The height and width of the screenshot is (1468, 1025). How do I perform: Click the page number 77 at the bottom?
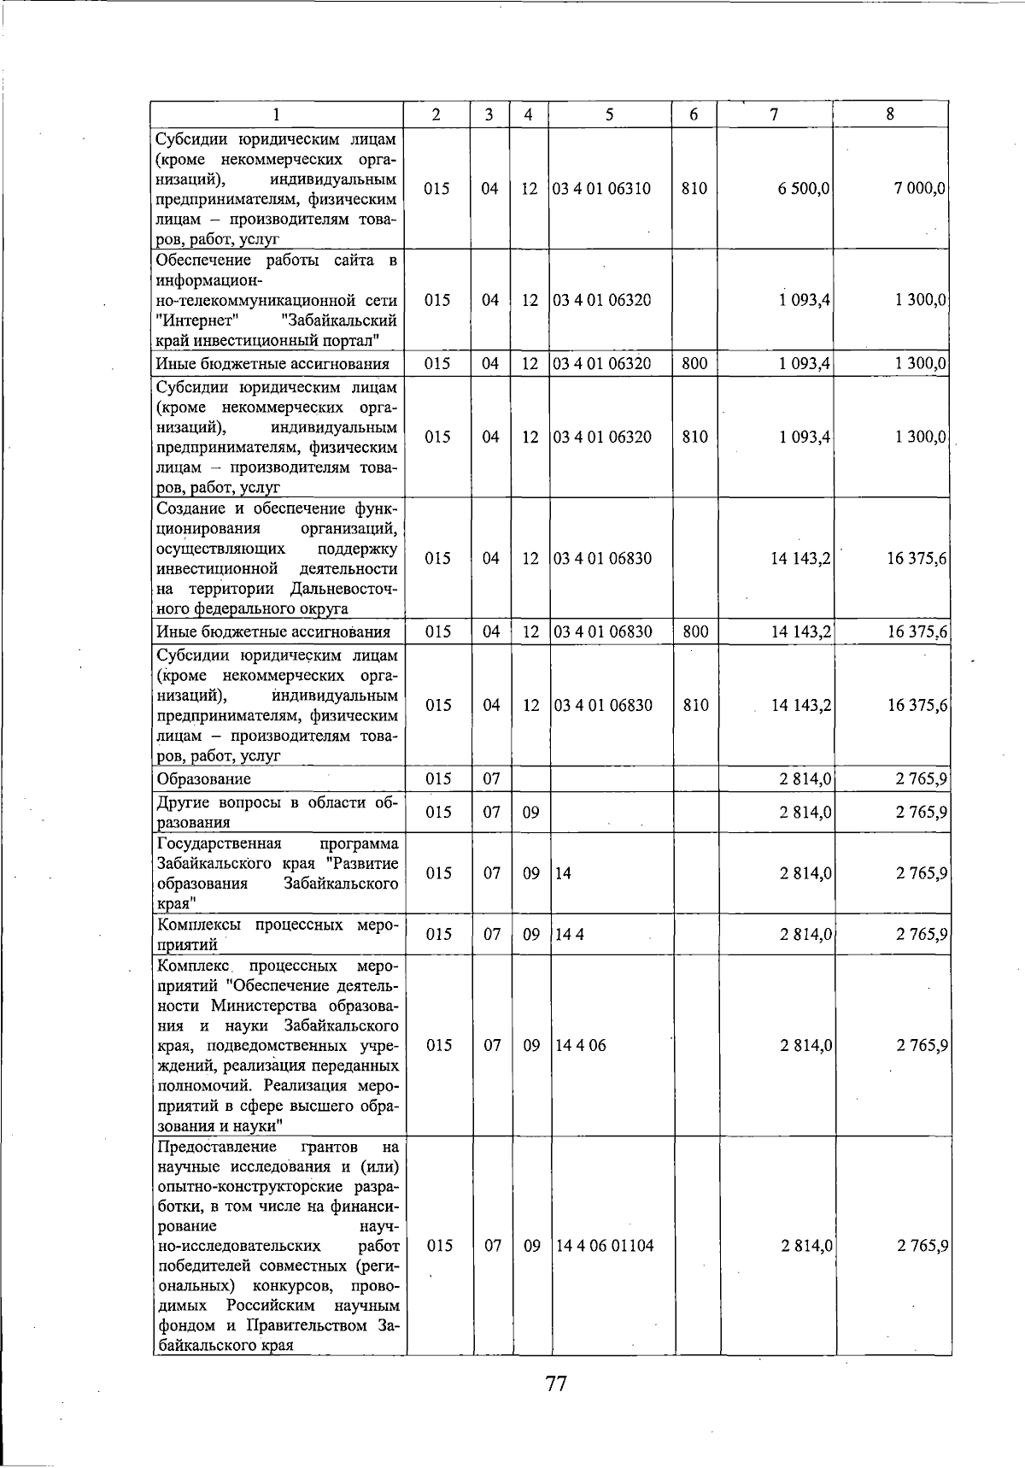click(556, 1383)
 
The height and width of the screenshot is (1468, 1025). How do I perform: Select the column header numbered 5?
click(609, 115)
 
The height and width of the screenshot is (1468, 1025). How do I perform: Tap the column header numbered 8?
click(890, 115)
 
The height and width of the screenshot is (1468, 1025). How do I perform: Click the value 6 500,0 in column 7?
click(804, 189)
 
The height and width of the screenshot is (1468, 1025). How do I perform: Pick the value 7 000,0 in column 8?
click(920, 189)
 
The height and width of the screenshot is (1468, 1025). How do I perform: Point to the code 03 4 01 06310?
click(602, 189)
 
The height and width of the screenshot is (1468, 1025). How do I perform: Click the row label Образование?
click(203, 779)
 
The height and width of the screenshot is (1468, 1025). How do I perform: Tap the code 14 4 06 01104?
click(605, 1246)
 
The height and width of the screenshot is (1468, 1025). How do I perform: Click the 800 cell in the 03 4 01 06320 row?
click(694, 364)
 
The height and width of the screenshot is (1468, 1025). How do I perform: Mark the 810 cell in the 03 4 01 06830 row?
click(695, 706)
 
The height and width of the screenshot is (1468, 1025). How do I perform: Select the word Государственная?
click(219, 844)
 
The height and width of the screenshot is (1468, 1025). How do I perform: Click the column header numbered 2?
click(436, 115)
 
